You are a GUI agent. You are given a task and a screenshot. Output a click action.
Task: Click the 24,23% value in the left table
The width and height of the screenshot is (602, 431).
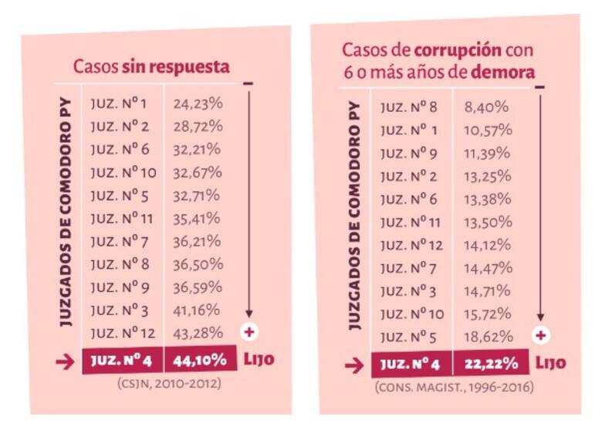[197, 104]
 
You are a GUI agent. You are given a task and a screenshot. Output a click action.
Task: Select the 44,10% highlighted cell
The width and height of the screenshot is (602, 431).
[198, 359]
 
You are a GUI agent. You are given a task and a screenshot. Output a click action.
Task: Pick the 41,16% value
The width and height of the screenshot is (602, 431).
[197, 311]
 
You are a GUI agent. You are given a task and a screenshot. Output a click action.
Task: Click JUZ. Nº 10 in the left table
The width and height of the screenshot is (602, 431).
[124, 172]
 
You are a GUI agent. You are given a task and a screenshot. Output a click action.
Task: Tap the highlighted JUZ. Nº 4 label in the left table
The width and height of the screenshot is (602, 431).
[123, 359]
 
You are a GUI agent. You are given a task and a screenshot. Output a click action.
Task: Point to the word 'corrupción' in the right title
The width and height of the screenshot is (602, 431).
[458, 52]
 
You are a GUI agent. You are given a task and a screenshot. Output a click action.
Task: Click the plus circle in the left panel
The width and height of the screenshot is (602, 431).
[249, 332]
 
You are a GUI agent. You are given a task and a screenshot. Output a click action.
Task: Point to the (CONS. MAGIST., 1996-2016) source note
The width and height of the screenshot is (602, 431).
[454, 386]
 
